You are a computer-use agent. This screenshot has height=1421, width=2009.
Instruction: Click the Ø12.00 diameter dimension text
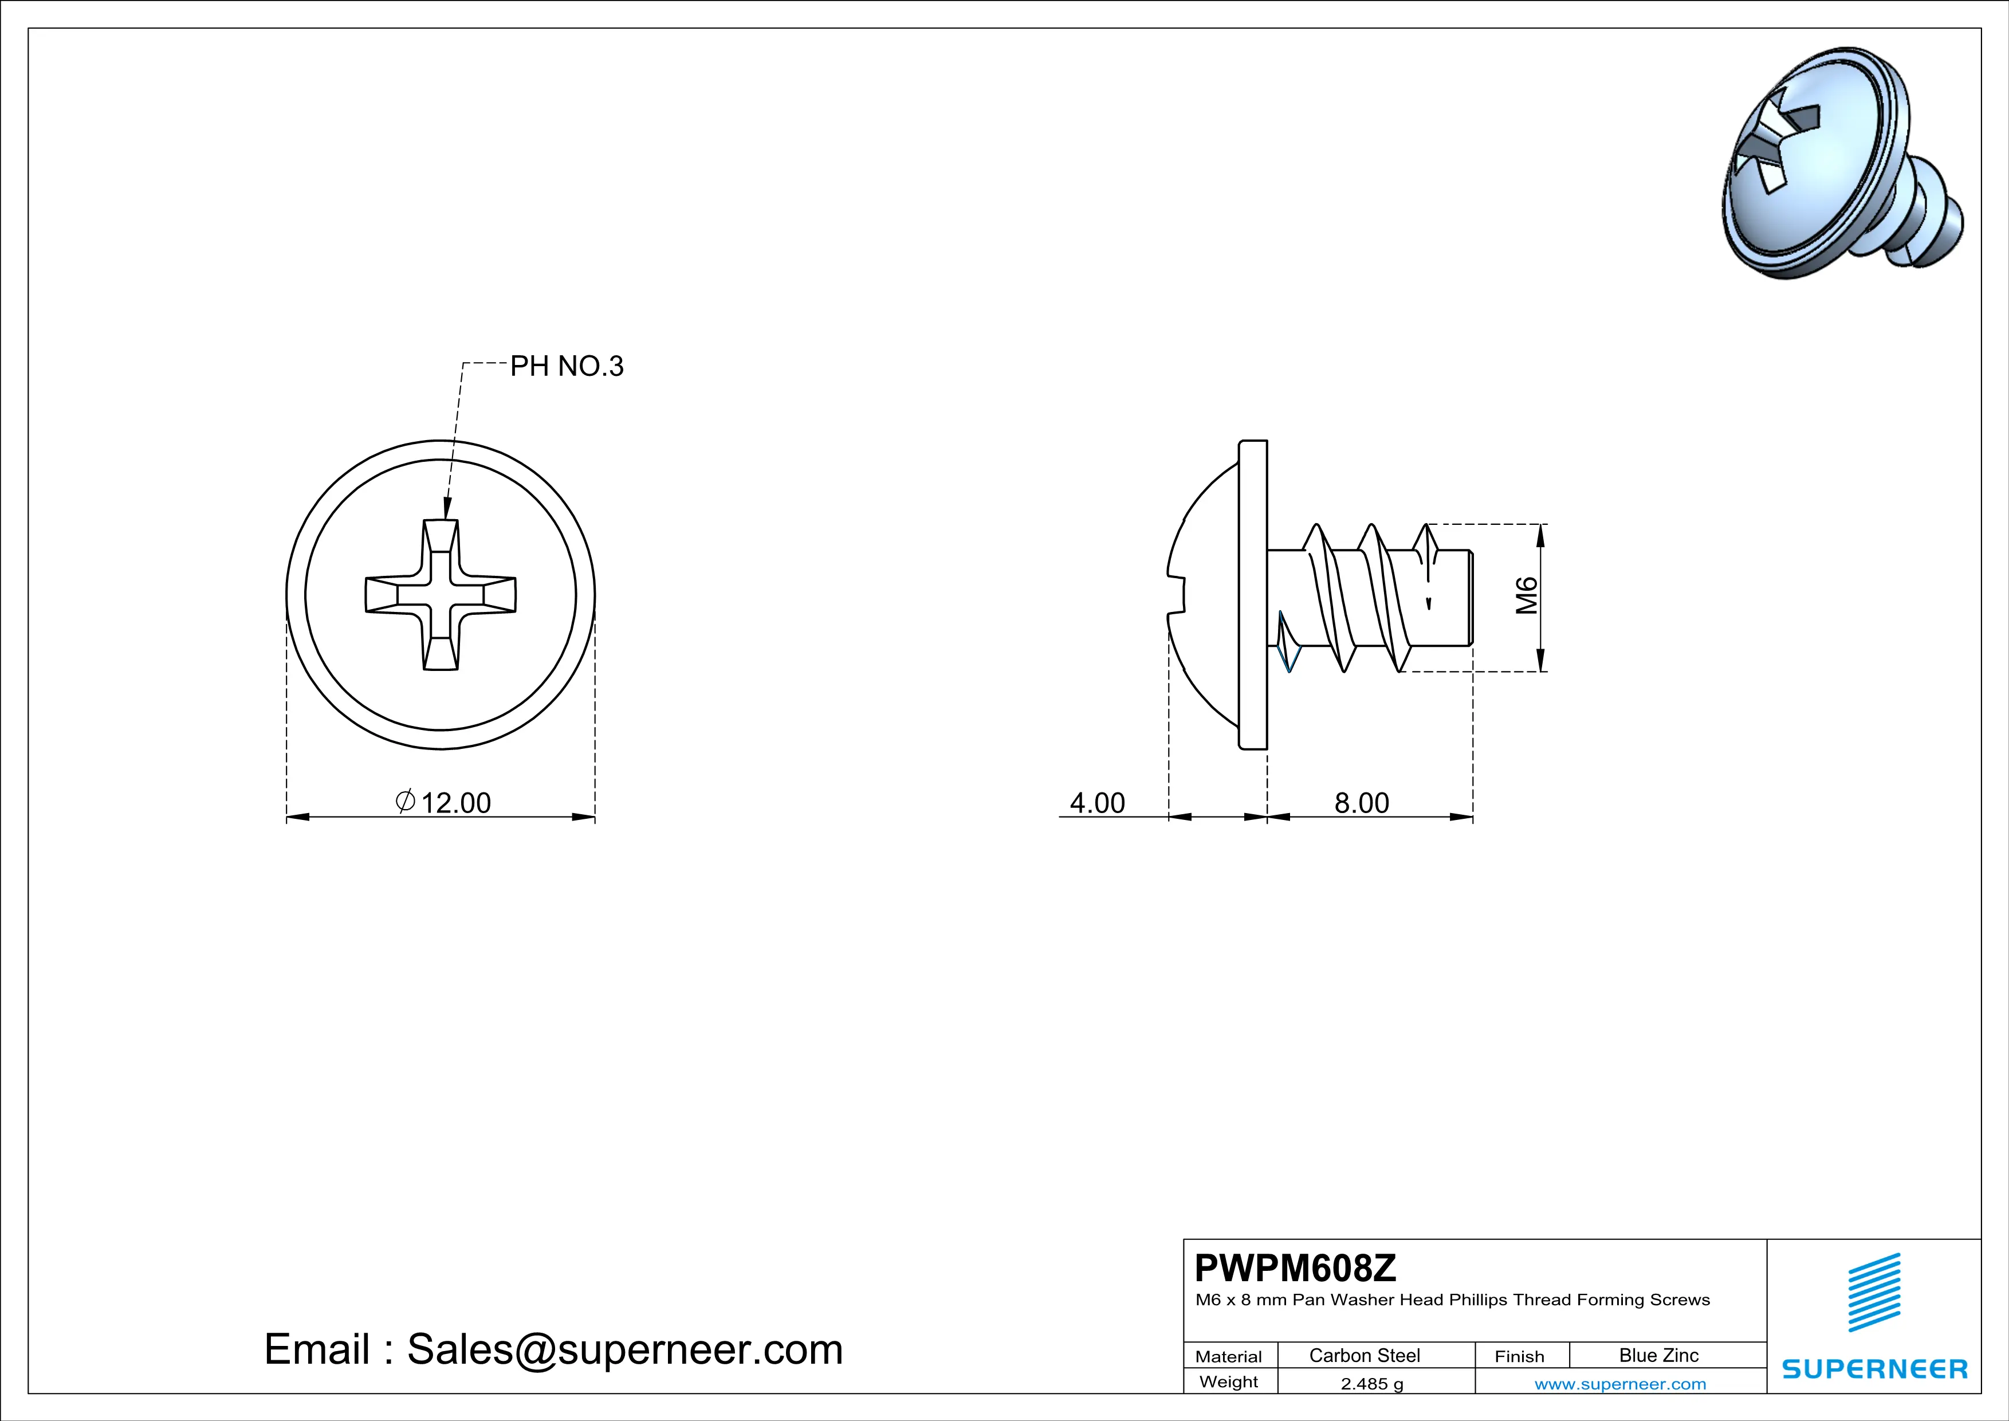(x=443, y=802)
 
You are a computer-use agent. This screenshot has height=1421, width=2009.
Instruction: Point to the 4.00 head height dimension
(x=1097, y=802)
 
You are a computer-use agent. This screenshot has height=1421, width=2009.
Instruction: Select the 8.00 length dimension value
(x=1362, y=802)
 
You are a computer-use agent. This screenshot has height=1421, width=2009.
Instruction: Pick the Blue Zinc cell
(x=1659, y=1355)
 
